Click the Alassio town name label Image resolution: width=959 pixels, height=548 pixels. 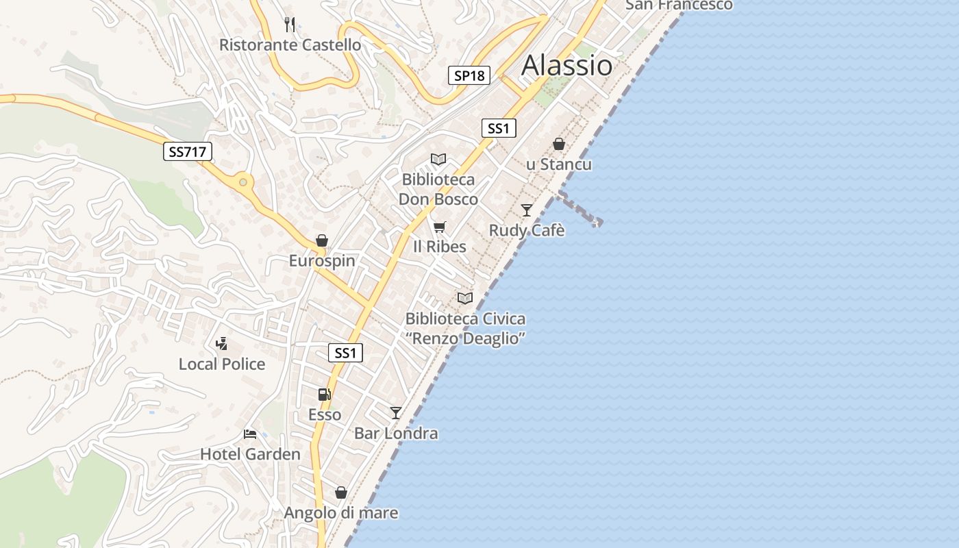(x=566, y=65)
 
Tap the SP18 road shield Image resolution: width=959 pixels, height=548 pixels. (x=469, y=75)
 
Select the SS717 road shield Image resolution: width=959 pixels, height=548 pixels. (x=188, y=151)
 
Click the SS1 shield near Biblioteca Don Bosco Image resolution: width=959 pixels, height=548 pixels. (x=498, y=128)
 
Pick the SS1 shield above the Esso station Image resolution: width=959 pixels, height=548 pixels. (x=345, y=353)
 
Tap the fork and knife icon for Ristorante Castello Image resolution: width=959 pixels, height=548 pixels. (x=290, y=25)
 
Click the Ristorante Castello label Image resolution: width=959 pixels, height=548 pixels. (x=290, y=45)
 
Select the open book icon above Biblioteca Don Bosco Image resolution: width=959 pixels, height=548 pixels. (x=438, y=160)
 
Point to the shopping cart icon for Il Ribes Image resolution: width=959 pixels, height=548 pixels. (x=439, y=227)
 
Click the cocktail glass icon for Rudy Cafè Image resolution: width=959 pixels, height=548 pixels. (x=526, y=210)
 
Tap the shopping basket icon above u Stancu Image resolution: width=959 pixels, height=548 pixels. (x=559, y=144)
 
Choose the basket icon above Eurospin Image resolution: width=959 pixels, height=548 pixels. (x=322, y=240)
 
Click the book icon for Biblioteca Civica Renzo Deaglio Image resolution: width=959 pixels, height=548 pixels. (x=465, y=298)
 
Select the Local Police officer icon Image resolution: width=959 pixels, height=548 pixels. (x=221, y=343)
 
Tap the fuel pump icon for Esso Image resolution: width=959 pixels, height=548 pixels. (x=324, y=394)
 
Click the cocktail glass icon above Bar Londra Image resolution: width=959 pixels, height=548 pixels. (x=395, y=412)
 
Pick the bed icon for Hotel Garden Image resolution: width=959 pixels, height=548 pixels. (x=250, y=434)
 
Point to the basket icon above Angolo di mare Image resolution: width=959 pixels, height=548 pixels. (x=340, y=493)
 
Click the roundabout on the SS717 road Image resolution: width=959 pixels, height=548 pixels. (x=242, y=182)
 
